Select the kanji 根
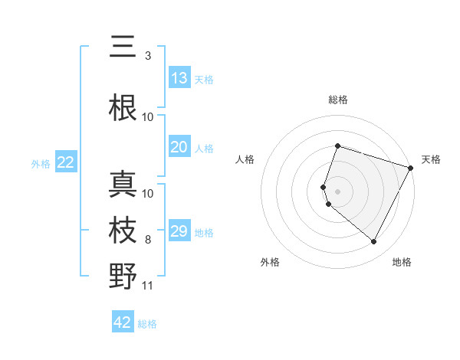(123, 108)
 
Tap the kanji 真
(123, 185)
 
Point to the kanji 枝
(123, 231)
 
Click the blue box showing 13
(179, 78)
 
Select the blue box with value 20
(179, 147)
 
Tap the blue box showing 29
(179, 231)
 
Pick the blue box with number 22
(66, 162)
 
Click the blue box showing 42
(123, 322)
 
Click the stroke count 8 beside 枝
(148, 240)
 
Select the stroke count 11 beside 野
(148, 286)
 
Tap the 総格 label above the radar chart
(338, 100)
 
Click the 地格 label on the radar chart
(402, 262)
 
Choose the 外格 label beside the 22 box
(41, 163)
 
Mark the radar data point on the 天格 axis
(411, 168)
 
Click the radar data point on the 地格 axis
(374, 242)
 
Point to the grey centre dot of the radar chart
(338, 191)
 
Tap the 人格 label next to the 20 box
(204, 148)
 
